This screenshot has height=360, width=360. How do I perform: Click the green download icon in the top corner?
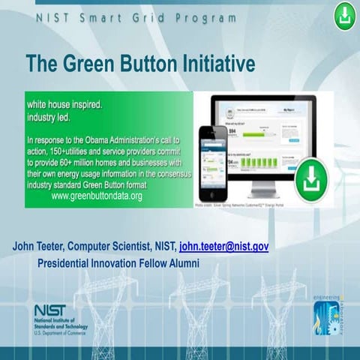click(344, 14)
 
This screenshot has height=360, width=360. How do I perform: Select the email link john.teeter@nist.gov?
click(223, 246)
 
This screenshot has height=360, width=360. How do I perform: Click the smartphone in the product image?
click(213, 163)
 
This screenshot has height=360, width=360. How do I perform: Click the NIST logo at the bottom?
click(50, 310)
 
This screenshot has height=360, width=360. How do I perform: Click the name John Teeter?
click(40, 246)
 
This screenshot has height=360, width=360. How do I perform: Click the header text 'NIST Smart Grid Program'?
click(136, 17)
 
